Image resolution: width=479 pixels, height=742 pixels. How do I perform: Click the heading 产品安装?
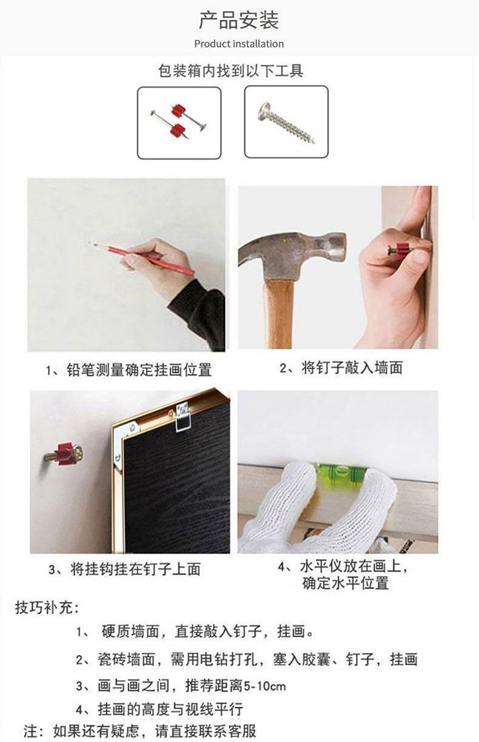point(239,20)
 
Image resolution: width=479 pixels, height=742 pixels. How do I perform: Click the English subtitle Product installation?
point(239,44)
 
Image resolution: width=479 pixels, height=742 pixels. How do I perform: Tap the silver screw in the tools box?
point(287,123)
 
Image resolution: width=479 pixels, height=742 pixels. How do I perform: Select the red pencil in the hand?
point(143,257)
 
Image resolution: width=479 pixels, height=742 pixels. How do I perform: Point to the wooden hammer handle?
point(278,313)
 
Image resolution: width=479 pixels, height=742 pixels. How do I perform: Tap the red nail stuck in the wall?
point(64,453)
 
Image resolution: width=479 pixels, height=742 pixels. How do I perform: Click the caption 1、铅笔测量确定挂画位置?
point(129,369)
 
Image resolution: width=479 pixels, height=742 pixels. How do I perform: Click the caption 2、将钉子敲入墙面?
point(341,368)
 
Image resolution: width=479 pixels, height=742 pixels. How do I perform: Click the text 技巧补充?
point(47,607)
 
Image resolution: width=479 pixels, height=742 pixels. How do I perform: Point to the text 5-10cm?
point(264,686)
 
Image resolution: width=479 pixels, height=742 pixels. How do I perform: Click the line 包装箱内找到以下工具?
point(230,71)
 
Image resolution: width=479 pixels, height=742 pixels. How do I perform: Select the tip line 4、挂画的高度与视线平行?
point(159,709)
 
